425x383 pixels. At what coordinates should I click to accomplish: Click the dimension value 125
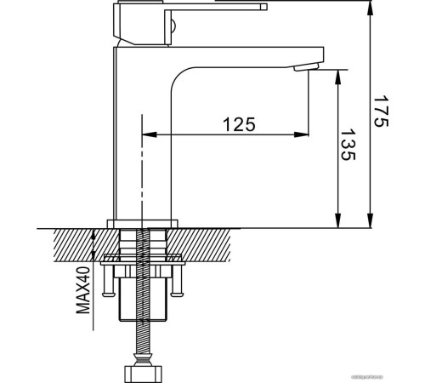[239, 124]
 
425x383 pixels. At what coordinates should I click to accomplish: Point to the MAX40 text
[82, 289]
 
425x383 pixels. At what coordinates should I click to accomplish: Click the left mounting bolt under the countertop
[107, 281]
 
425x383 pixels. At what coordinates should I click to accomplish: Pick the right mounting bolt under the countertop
[178, 281]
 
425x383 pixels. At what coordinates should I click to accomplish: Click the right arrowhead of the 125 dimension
[303, 134]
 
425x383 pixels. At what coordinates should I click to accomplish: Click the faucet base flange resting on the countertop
[143, 224]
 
